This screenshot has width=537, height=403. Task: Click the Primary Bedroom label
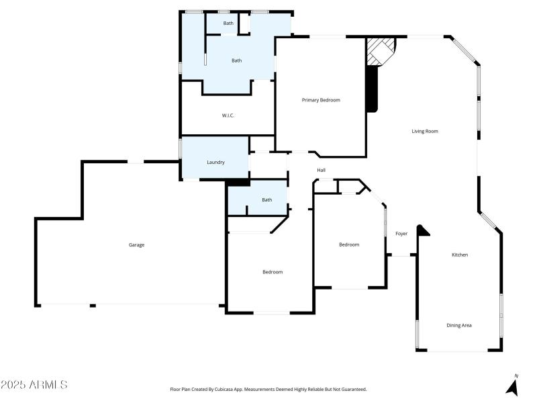(x=321, y=100)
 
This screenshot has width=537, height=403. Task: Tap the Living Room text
(x=424, y=131)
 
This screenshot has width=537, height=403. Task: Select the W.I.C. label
(x=228, y=116)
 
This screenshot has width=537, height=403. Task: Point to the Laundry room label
(x=215, y=162)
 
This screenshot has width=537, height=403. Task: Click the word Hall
(x=321, y=170)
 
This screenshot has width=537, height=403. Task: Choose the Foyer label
(x=401, y=234)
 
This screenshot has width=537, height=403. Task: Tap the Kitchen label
(x=459, y=255)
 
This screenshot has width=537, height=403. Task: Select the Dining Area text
(x=459, y=325)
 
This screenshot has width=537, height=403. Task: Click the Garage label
(x=136, y=244)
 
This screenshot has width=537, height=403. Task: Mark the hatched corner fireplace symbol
(x=379, y=51)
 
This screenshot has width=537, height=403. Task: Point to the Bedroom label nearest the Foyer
(x=348, y=244)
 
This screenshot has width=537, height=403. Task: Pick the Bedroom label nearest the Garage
(x=272, y=272)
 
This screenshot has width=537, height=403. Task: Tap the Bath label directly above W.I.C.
(x=236, y=60)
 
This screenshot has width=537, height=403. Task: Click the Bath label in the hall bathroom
(x=266, y=199)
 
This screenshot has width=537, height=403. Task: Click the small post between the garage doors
(x=93, y=306)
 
